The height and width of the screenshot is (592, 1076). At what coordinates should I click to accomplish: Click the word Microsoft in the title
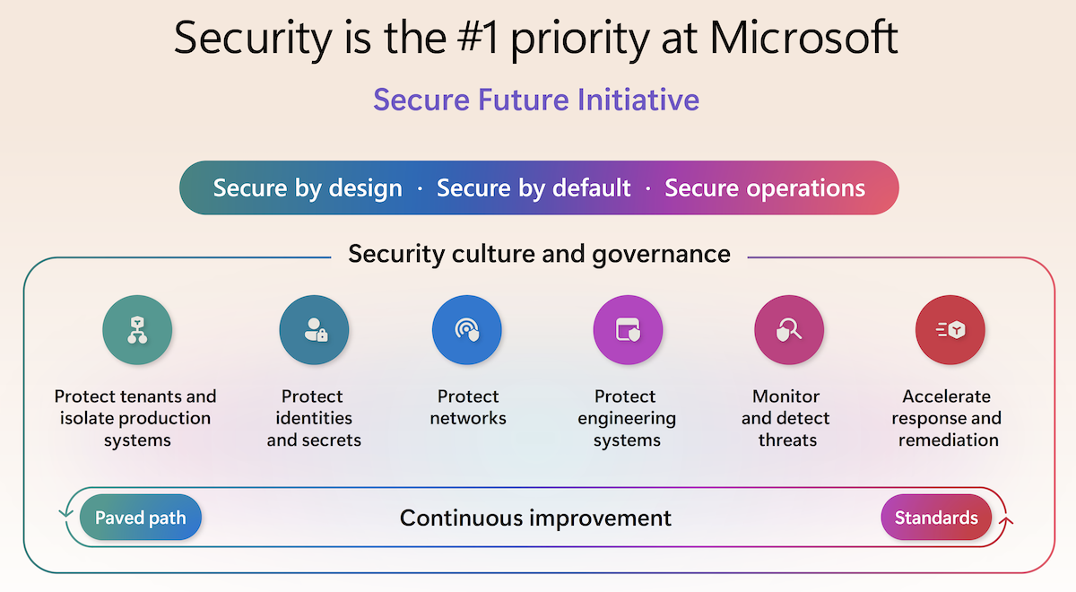(803, 37)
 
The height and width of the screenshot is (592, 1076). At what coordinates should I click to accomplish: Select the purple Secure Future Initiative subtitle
(536, 100)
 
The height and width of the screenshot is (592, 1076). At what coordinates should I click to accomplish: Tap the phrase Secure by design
(308, 187)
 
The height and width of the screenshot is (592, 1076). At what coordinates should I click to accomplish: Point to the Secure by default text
(534, 187)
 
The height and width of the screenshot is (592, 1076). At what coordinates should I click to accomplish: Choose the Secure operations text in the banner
(765, 187)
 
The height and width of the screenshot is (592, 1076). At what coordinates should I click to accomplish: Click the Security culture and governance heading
(539, 254)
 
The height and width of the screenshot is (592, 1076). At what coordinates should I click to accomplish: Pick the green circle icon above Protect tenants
(137, 330)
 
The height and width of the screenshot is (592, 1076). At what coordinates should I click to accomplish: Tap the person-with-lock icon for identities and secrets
(314, 330)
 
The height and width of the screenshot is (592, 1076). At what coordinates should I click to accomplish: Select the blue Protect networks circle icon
(467, 330)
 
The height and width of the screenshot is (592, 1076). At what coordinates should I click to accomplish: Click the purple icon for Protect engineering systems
(628, 330)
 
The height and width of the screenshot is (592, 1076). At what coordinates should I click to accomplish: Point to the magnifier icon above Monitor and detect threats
(789, 330)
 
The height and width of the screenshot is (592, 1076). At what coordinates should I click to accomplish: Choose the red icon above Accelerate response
(950, 330)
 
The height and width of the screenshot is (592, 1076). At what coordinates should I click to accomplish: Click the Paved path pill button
(140, 518)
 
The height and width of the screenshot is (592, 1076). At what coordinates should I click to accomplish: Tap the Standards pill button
(936, 518)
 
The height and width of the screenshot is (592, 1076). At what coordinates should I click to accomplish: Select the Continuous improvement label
(535, 518)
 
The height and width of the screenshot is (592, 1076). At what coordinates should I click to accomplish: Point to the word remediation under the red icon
(949, 440)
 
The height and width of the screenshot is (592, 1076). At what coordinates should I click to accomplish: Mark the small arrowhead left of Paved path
(65, 513)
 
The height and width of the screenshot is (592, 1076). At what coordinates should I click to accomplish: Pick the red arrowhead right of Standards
(1006, 520)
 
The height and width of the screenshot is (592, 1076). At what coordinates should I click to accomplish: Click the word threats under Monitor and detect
(787, 440)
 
